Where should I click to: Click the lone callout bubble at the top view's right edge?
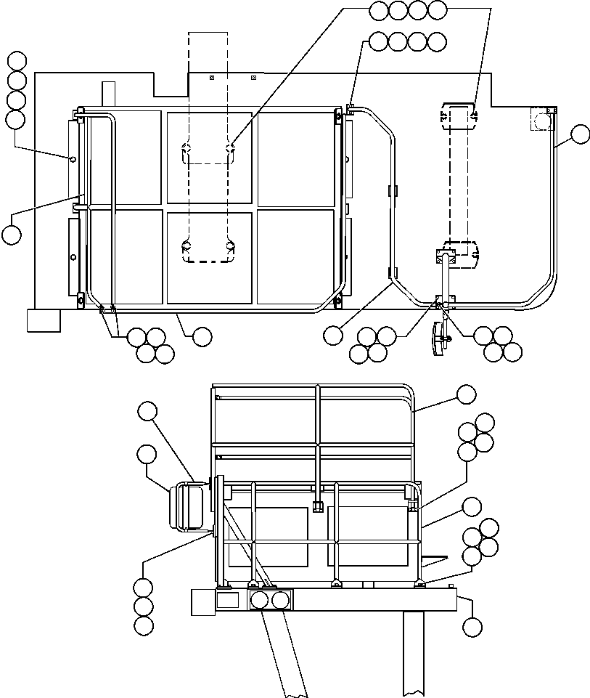tap(581, 134)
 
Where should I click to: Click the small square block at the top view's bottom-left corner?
tap(43, 320)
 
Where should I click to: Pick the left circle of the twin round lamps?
tap(259, 600)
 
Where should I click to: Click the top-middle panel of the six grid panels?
tap(210, 157)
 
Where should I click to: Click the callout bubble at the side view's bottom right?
tap(472, 626)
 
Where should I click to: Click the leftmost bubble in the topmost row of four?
tap(378, 10)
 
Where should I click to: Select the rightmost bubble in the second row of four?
tap(437, 41)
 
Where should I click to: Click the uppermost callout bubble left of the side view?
tap(147, 411)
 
